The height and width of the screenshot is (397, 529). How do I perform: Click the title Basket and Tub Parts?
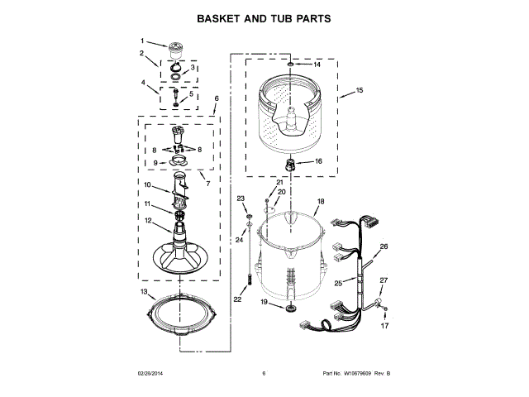coord(264,17)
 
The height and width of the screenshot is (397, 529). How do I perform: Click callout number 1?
coord(141,41)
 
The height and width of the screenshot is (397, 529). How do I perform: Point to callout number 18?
coord(321,201)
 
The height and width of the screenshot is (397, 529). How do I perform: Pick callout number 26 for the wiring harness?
coord(383,246)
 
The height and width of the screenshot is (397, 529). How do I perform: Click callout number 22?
coord(237,299)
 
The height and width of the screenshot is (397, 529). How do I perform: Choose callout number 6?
coord(216,98)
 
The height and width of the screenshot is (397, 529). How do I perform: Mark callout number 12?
coord(148,220)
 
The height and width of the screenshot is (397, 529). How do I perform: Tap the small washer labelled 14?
coord(291,64)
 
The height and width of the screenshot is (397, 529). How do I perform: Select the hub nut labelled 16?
coord(291,162)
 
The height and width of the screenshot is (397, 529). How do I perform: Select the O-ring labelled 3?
coord(175,76)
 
